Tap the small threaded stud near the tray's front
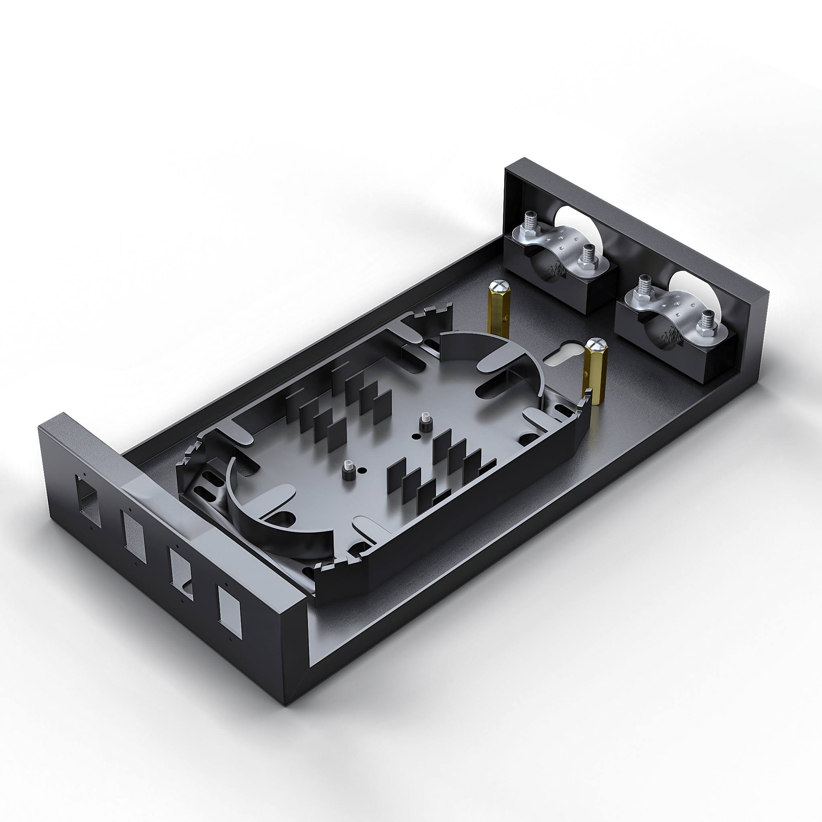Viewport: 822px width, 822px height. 348,472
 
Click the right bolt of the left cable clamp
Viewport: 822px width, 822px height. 588,257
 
